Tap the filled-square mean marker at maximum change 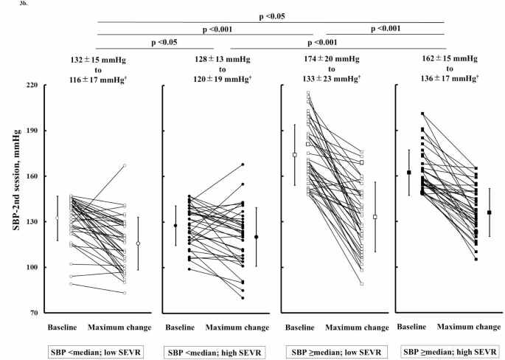[490, 212]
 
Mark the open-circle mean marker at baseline [58, 218]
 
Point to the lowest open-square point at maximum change [362, 283]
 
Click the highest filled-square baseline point [422, 114]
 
